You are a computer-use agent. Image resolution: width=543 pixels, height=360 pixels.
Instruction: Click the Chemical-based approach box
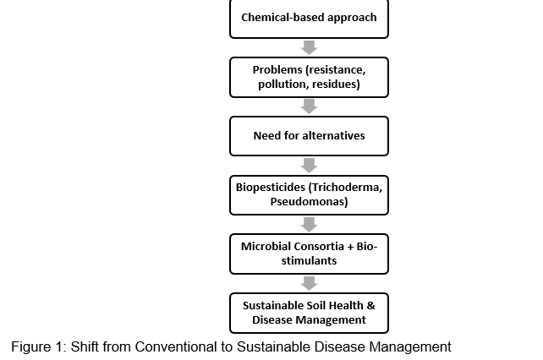coord(309,19)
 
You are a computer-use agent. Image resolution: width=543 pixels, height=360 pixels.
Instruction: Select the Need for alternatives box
coord(309,136)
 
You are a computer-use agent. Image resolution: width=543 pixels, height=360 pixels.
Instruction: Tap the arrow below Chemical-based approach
coord(310,48)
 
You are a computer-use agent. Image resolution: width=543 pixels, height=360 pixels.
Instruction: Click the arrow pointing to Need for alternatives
coord(310,106)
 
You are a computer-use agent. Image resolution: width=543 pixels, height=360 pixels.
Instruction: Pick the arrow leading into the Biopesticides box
coord(310,166)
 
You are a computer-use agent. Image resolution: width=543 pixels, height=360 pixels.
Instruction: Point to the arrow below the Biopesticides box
coord(310,225)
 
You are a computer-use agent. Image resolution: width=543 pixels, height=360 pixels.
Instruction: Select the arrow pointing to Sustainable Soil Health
coord(310,283)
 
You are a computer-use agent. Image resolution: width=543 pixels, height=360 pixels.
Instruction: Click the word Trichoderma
coord(347,188)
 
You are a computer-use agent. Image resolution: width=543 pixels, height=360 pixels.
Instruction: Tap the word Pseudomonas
coord(307,201)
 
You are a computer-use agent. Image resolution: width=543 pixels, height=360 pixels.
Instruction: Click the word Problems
coord(277,70)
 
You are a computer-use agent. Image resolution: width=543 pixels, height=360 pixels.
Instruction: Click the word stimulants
coord(309,260)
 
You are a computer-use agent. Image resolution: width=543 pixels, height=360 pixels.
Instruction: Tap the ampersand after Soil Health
coord(371,306)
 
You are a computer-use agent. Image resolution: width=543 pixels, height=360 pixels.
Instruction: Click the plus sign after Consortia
coord(350,247)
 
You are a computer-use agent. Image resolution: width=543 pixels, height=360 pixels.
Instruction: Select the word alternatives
coord(333,136)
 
